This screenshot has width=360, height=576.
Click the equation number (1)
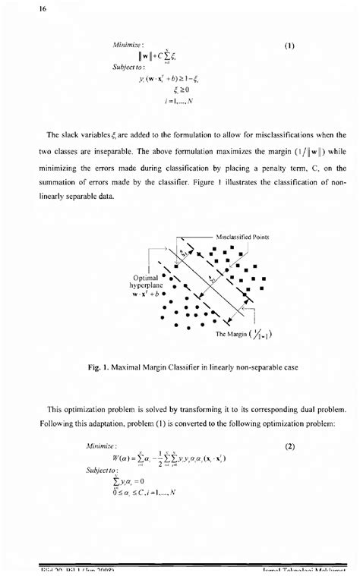point(289,46)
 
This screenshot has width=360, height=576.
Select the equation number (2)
point(289,447)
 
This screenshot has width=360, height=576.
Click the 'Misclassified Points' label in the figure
point(242,236)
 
